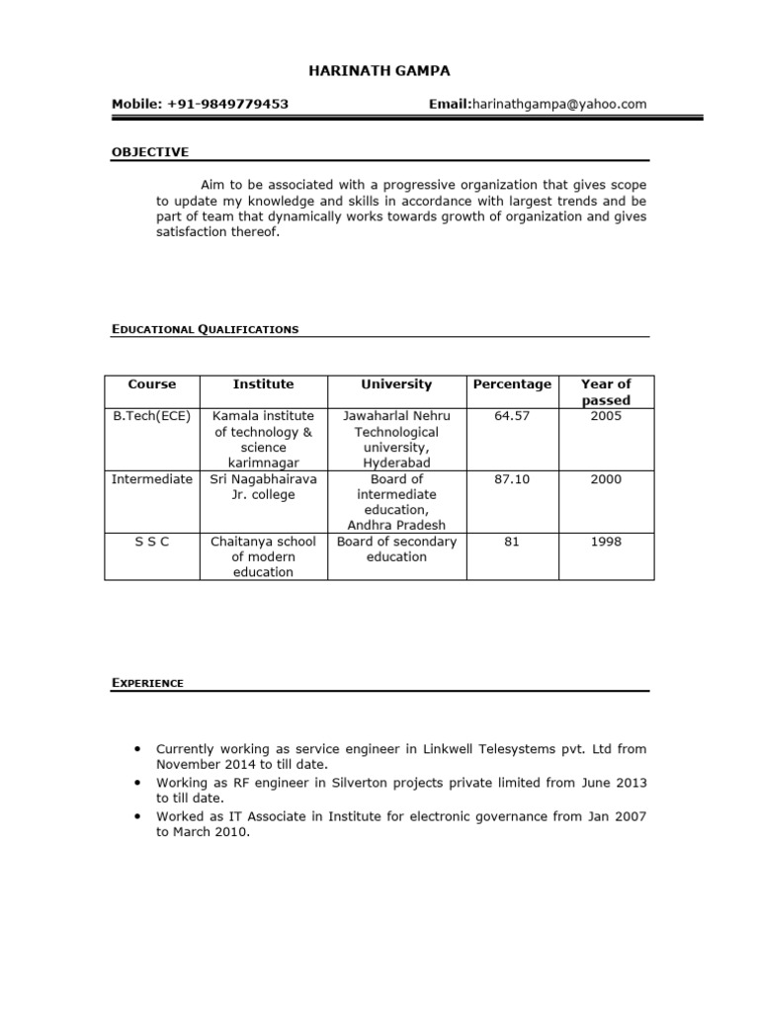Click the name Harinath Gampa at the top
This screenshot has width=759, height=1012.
(379, 70)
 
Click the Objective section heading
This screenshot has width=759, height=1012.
(149, 152)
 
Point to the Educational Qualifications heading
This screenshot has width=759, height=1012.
(205, 329)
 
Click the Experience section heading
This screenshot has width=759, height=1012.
(147, 683)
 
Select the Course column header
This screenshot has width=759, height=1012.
(152, 383)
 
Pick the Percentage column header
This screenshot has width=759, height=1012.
(512, 383)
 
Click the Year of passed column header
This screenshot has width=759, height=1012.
(606, 391)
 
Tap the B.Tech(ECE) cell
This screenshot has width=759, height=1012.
(152, 416)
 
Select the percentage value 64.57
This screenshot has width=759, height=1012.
(512, 416)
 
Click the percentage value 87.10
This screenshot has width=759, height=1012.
(512, 479)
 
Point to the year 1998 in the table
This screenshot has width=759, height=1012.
(606, 542)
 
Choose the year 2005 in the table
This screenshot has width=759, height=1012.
(606, 416)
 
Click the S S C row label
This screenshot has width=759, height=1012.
(152, 542)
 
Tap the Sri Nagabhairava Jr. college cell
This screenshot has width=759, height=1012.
(264, 486)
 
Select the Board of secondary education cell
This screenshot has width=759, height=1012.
(396, 548)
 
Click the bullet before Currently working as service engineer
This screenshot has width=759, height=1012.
(133, 749)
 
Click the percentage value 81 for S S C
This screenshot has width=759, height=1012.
(512, 542)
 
